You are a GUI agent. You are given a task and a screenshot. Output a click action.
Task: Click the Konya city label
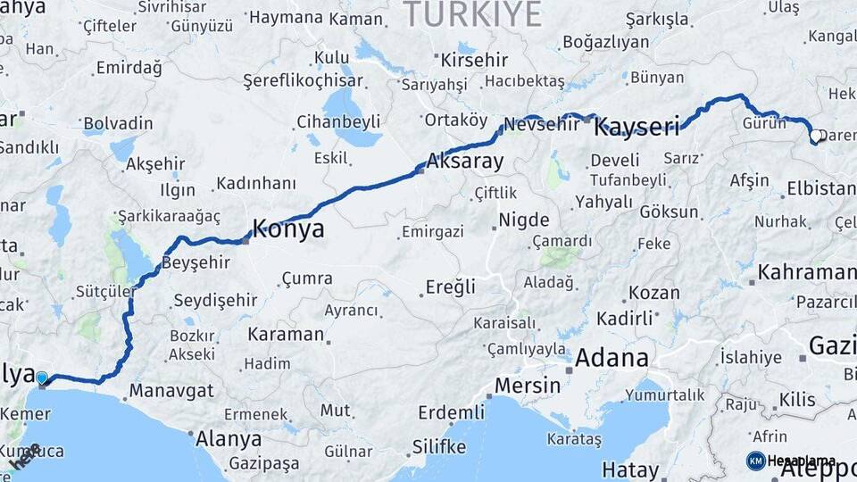pyautogui.click(x=288, y=229)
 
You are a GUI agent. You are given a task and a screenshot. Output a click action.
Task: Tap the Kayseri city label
pyautogui.click(x=637, y=126)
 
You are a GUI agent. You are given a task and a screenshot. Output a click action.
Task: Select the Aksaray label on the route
pyautogui.click(x=465, y=162)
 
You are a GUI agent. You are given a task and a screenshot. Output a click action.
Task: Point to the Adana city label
pyautogui.click(x=612, y=359)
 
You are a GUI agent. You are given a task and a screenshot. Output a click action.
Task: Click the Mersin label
pyautogui.click(x=527, y=386)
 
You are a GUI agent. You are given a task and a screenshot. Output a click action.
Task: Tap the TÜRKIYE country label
pyautogui.click(x=472, y=14)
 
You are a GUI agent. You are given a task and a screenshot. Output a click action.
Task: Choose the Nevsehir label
pyautogui.click(x=542, y=124)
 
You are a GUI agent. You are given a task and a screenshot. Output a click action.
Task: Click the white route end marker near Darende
pyautogui.click(x=815, y=137)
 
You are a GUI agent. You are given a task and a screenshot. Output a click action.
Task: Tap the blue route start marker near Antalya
pyautogui.click(x=41, y=378)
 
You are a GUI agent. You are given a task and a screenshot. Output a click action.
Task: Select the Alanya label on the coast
pyautogui.click(x=229, y=439)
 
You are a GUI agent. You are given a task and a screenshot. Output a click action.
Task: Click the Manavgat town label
pyautogui.click(x=171, y=390)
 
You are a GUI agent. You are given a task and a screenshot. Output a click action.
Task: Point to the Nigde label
pyautogui.click(x=523, y=220)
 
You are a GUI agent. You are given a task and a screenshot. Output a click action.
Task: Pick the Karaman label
pyautogui.click(x=286, y=335)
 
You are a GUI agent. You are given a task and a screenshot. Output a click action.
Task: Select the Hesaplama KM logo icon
pyautogui.click(x=755, y=461)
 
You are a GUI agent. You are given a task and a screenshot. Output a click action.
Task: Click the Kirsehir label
pyautogui.click(x=474, y=61)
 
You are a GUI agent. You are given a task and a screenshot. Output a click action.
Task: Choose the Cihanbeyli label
pyautogui.click(x=338, y=120)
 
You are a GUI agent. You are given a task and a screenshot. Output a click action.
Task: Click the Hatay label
pyautogui.click(x=630, y=470)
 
